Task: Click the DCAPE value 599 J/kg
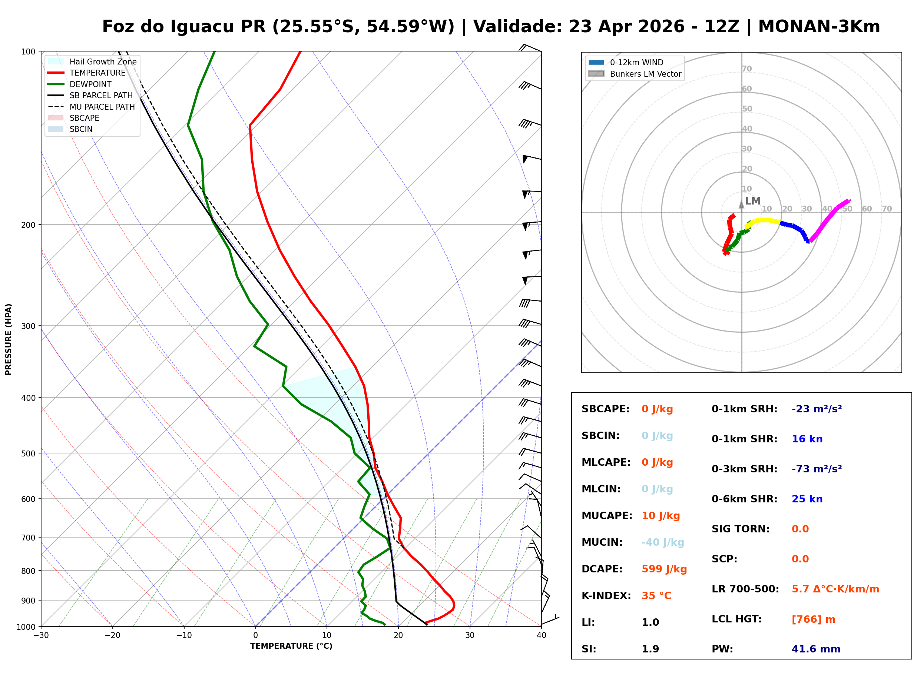[x=664, y=569]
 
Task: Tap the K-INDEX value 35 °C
[x=656, y=595]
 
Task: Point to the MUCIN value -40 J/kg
[x=662, y=542]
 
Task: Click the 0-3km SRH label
[x=744, y=469]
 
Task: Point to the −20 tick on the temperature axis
[x=112, y=636]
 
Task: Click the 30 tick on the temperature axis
[x=470, y=636]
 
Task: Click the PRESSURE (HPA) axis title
[x=9, y=339]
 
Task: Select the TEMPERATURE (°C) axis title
[x=291, y=646]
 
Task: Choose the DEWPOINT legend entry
[x=90, y=84]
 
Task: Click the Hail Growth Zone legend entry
[x=103, y=62]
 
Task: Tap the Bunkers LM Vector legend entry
[x=645, y=74]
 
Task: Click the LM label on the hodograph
[x=752, y=201]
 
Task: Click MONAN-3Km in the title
[x=819, y=27]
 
